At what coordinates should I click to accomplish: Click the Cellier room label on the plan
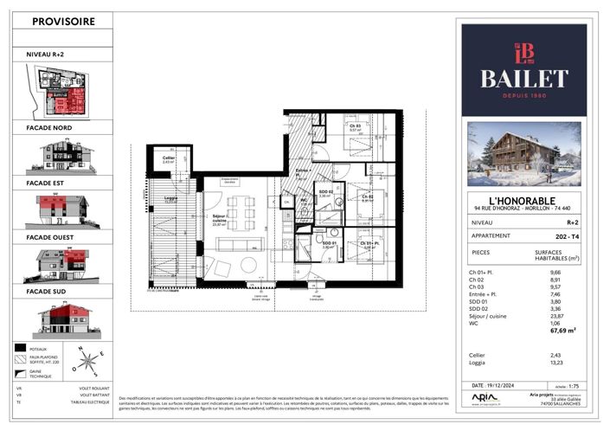[169, 158]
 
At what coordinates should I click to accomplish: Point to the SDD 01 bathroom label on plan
[329, 243]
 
